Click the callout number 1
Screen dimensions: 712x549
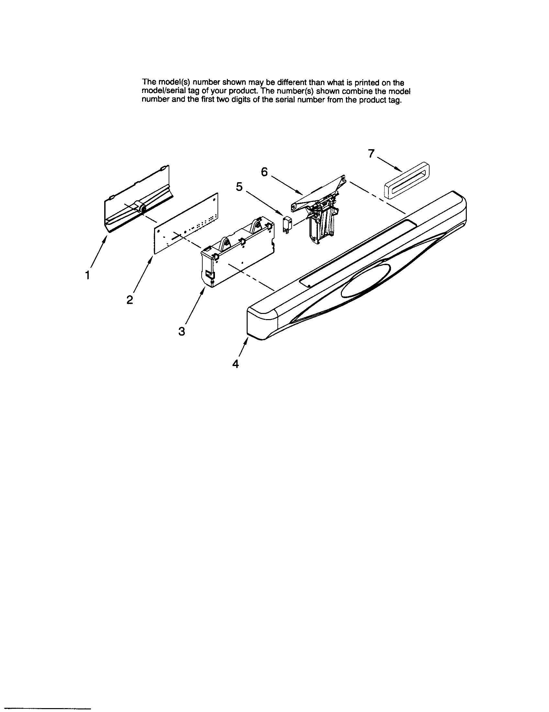pos(87,275)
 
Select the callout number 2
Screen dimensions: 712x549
pos(130,300)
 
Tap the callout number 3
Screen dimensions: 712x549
pos(182,331)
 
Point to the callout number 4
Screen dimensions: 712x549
pos(235,364)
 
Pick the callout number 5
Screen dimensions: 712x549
pos(239,187)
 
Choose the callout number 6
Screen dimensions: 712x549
pos(264,172)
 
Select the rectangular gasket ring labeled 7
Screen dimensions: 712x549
pos(406,181)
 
